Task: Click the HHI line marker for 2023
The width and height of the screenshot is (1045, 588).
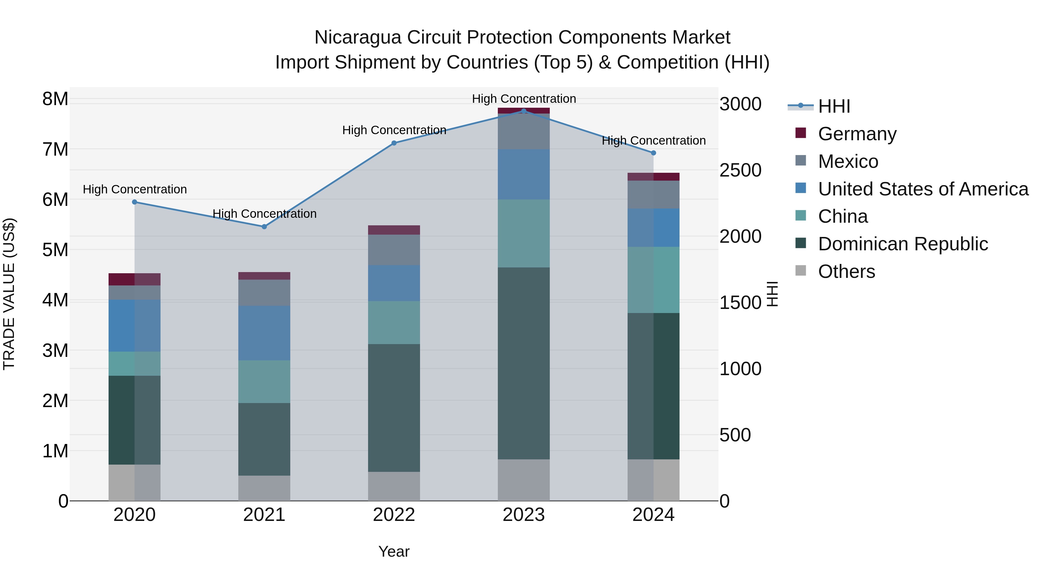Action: pyautogui.click(x=523, y=111)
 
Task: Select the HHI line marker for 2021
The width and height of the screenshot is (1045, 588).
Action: pyautogui.click(x=264, y=226)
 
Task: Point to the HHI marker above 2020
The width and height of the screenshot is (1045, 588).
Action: pyautogui.click(x=135, y=202)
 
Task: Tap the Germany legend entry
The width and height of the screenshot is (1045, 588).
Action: pyautogui.click(x=857, y=134)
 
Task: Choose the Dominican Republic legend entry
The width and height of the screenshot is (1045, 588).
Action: pyautogui.click(x=902, y=244)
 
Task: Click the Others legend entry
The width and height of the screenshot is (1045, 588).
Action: pyautogui.click(x=846, y=271)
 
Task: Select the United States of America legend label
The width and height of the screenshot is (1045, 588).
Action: pyautogui.click(x=923, y=189)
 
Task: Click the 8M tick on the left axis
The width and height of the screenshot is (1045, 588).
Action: pyautogui.click(x=55, y=99)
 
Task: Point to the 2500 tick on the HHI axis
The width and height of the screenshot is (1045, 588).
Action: pyautogui.click(x=740, y=170)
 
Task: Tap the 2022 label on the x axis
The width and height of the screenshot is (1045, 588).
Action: pyautogui.click(x=394, y=515)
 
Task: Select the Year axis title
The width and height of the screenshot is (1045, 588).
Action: pyautogui.click(x=394, y=551)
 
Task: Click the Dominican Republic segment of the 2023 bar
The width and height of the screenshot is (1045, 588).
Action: pyautogui.click(x=523, y=363)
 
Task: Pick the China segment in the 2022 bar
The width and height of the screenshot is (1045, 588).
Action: pyautogui.click(x=394, y=323)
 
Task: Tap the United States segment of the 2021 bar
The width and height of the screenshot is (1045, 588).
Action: pyautogui.click(x=264, y=333)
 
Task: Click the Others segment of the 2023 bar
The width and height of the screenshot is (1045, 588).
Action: pyautogui.click(x=523, y=480)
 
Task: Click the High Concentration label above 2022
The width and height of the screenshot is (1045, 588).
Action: pyautogui.click(x=394, y=130)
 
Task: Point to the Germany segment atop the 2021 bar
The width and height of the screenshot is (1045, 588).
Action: pyautogui.click(x=264, y=276)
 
